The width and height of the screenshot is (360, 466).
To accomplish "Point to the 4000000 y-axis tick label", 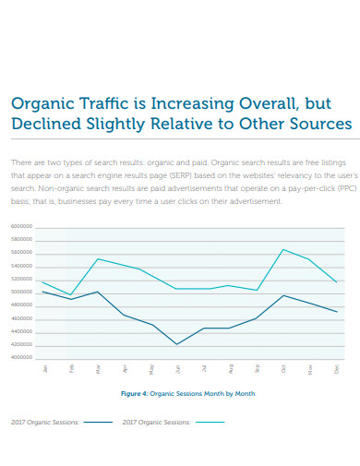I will pyautogui.click(x=21, y=356).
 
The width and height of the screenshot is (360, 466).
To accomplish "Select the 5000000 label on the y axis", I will pyautogui.click(x=21, y=292).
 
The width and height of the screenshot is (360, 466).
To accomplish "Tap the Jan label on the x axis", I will pyautogui.click(x=45, y=368).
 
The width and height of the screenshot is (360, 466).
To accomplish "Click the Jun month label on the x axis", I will pyautogui.click(x=177, y=368).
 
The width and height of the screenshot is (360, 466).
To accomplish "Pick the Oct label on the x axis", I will pyautogui.click(x=283, y=368).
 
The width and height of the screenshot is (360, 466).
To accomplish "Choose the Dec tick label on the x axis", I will pyautogui.click(x=337, y=368).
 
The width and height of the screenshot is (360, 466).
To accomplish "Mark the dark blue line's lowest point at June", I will pyautogui.click(x=177, y=344).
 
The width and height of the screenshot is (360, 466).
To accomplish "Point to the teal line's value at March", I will pyautogui.click(x=98, y=258).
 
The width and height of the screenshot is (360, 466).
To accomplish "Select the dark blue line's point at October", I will pyautogui.click(x=283, y=295).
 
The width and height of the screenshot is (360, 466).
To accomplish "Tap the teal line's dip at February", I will pyautogui.click(x=71, y=295).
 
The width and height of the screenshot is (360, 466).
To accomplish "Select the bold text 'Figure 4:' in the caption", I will pyautogui.click(x=138, y=393).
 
